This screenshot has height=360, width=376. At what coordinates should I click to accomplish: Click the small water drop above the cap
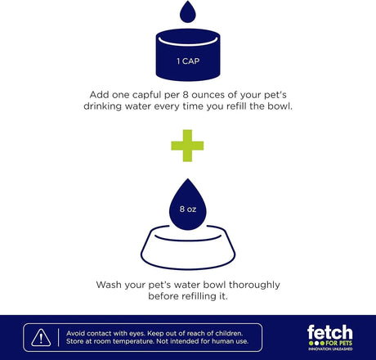pyautogui.click(x=188, y=12)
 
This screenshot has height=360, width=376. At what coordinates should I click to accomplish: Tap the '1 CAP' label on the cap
pyautogui.click(x=188, y=61)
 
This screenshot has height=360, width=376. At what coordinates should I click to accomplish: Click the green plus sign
pyautogui.click(x=187, y=146)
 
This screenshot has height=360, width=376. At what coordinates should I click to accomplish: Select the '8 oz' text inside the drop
pyautogui.click(x=188, y=209)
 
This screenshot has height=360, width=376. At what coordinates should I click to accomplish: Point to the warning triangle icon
pyautogui.click(x=41, y=338)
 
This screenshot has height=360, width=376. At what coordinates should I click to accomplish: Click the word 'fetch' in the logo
pyautogui.click(x=330, y=332)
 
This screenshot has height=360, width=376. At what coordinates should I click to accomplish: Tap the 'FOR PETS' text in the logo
pyautogui.click(x=339, y=343)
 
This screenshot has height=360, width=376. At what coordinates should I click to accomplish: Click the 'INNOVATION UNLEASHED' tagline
pyautogui.click(x=330, y=349)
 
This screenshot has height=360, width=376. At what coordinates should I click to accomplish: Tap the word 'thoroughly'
pyautogui.click(x=254, y=285)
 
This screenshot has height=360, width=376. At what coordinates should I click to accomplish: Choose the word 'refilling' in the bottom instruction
pyautogui.click(x=199, y=296)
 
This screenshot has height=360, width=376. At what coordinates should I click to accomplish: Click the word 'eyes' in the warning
pyautogui.click(x=137, y=334)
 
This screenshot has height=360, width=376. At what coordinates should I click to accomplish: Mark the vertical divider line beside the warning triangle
pyautogui.click(x=58, y=338)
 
